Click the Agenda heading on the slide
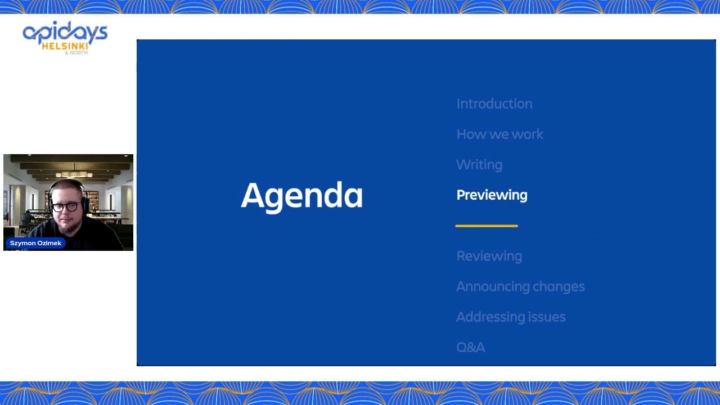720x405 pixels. click(301, 196)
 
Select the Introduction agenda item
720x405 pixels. click(494, 104)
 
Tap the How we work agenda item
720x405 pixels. click(499, 134)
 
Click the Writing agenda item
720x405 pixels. click(479, 165)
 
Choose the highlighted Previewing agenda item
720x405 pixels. click(492, 195)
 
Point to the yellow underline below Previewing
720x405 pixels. click(487, 226)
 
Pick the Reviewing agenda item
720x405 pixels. click(489, 256)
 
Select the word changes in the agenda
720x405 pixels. click(558, 286)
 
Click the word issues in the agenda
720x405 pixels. click(547, 317)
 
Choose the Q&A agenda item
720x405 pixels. click(470, 347)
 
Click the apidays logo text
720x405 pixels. click(65, 33)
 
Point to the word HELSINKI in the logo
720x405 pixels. click(65, 46)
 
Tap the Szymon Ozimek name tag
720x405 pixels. click(35, 243)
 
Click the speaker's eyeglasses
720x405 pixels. click(67, 206)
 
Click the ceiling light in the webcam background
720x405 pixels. click(73, 174)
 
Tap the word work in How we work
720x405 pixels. click(527, 134)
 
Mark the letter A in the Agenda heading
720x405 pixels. click(253, 196)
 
